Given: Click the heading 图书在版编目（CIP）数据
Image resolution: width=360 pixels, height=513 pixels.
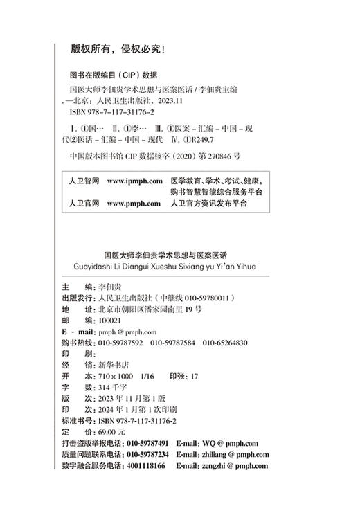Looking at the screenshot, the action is [x=114, y=75].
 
